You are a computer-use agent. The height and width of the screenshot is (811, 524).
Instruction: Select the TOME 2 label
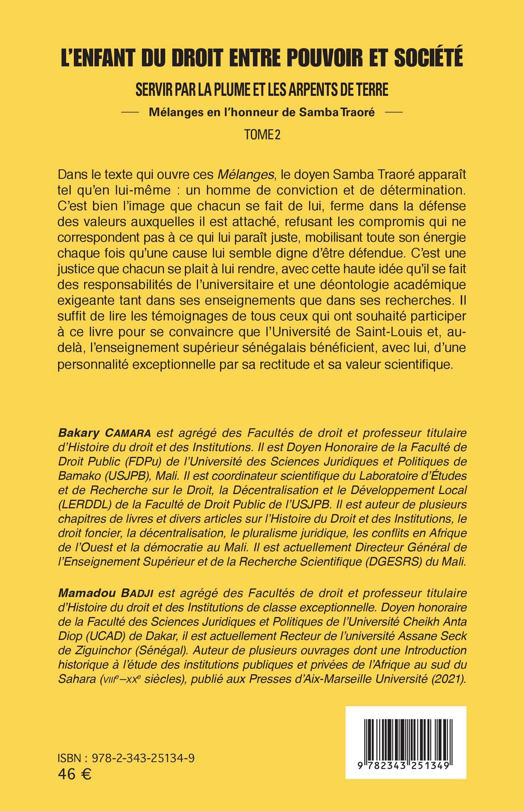click(262, 135)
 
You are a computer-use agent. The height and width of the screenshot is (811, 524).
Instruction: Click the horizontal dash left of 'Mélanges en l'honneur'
click(132, 112)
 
